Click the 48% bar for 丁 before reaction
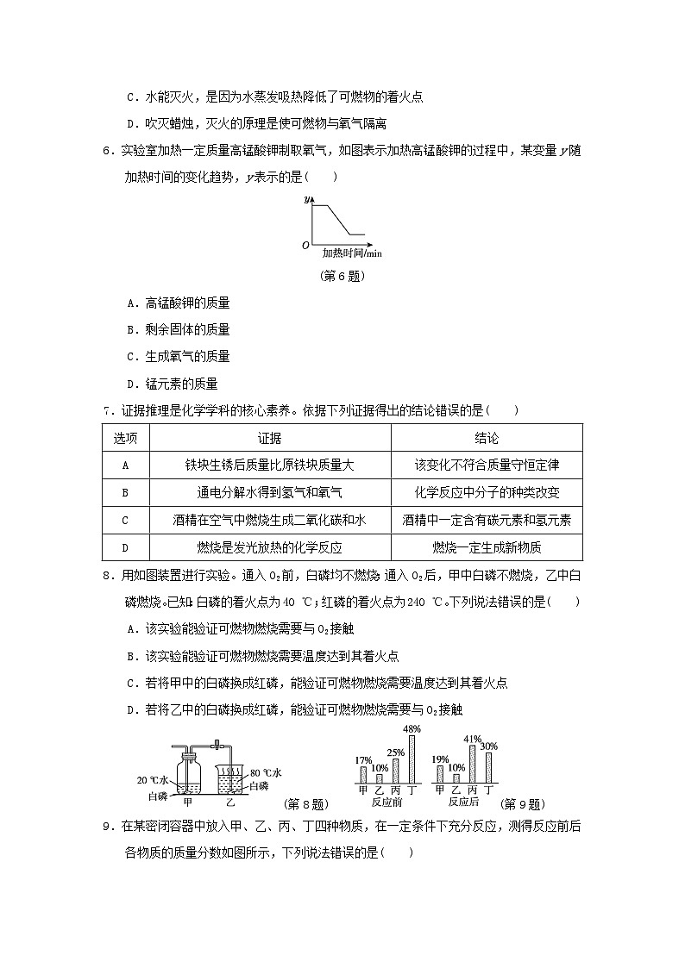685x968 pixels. pyautogui.click(x=413, y=759)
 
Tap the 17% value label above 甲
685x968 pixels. pyautogui.click(x=363, y=760)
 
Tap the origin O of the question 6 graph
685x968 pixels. pyautogui.click(x=305, y=246)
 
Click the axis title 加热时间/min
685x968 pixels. pyautogui.click(x=352, y=253)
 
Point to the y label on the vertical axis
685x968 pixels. pyautogui.click(x=307, y=200)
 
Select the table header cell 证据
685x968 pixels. pyautogui.click(x=270, y=438)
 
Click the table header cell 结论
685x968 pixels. pyautogui.click(x=487, y=438)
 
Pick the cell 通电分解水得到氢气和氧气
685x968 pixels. pyautogui.click(x=270, y=492)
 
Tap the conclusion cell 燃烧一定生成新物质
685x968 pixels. pyautogui.click(x=487, y=547)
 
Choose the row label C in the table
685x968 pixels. pyautogui.click(x=126, y=520)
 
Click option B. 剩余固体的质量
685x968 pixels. pyautogui.click(x=178, y=329)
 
